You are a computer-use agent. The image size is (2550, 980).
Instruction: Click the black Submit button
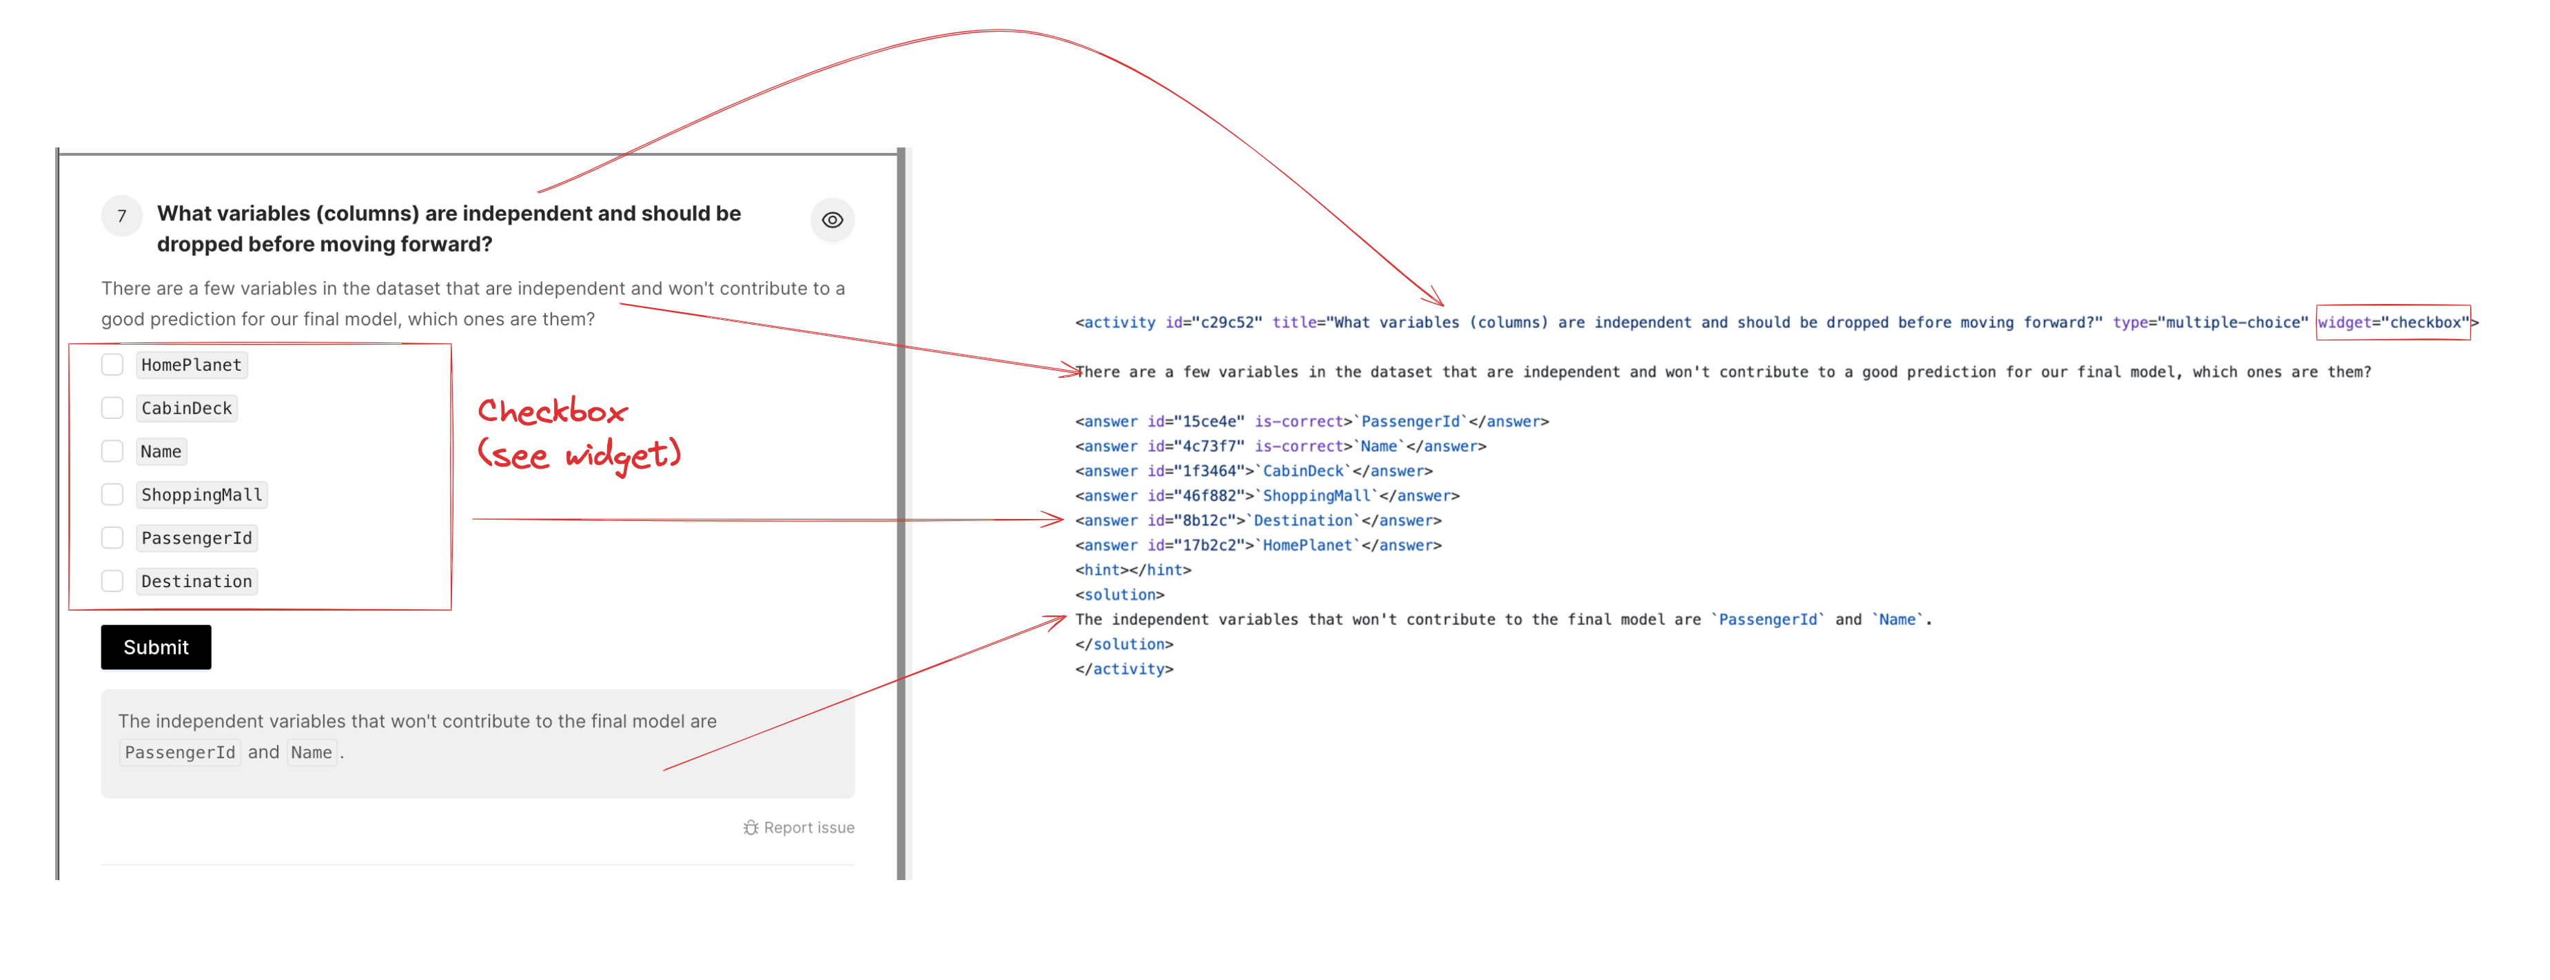click(x=156, y=647)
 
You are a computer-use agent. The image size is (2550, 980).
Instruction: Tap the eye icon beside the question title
click(x=833, y=220)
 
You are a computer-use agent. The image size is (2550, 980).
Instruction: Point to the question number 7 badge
click(x=122, y=216)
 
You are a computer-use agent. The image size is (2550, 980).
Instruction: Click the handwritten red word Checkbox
click(x=552, y=411)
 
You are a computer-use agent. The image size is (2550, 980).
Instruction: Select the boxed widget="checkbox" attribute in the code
click(x=2394, y=323)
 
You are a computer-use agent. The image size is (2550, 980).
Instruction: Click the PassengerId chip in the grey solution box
click(x=180, y=753)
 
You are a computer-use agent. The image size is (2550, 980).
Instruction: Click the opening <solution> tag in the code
click(x=1119, y=595)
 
